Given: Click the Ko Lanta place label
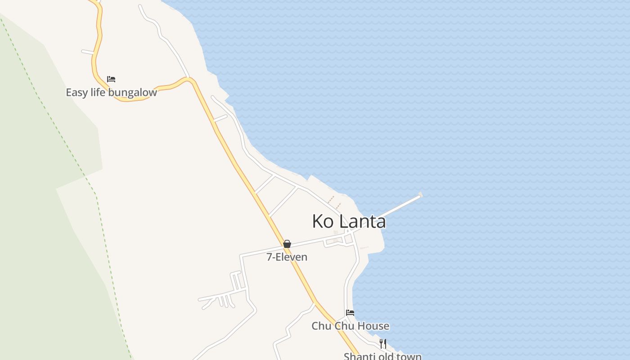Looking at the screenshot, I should click(x=349, y=221).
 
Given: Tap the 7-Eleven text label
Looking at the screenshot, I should click(x=287, y=257).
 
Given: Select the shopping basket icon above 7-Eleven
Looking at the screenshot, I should click(x=287, y=244).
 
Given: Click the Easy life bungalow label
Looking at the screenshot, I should click(x=111, y=93).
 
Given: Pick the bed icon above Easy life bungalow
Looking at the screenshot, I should click(x=111, y=79).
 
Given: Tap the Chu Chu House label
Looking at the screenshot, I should click(x=350, y=326).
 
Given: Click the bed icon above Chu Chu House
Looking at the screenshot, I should click(x=350, y=312).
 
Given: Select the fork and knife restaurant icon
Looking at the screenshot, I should click(x=383, y=344).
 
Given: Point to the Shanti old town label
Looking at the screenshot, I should click(x=382, y=356).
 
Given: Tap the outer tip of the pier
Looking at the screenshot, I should click(x=420, y=195).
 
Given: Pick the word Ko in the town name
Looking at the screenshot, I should click(x=323, y=221).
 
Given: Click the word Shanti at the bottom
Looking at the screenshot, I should click(x=357, y=356).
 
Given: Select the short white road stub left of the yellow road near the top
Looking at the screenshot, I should click(x=87, y=52).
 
